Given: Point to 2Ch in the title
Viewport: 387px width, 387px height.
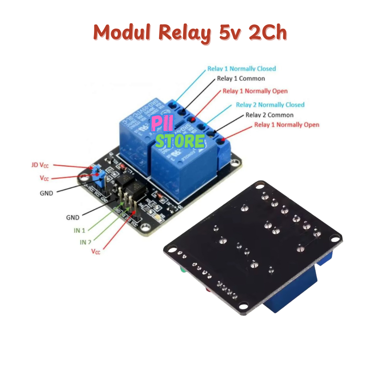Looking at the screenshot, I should [x=267, y=33].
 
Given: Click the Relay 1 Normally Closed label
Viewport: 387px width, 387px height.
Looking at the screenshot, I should [x=241, y=68].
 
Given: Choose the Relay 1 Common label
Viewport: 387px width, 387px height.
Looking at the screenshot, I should [x=241, y=79].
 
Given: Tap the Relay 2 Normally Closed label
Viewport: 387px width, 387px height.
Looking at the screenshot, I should [x=270, y=104].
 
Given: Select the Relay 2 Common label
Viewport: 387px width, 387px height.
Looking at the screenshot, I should [x=269, y=115].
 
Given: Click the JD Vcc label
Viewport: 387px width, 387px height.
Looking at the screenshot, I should [x=40, y=165].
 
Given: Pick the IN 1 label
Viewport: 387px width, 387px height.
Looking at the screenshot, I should [x=79, y=230].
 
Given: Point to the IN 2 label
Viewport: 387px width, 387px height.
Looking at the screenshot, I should [x=85, y=242].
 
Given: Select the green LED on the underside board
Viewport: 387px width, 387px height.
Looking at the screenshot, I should [x=183, y=269].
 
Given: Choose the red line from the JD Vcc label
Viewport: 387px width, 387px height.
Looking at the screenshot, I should [x=72, y=166].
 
